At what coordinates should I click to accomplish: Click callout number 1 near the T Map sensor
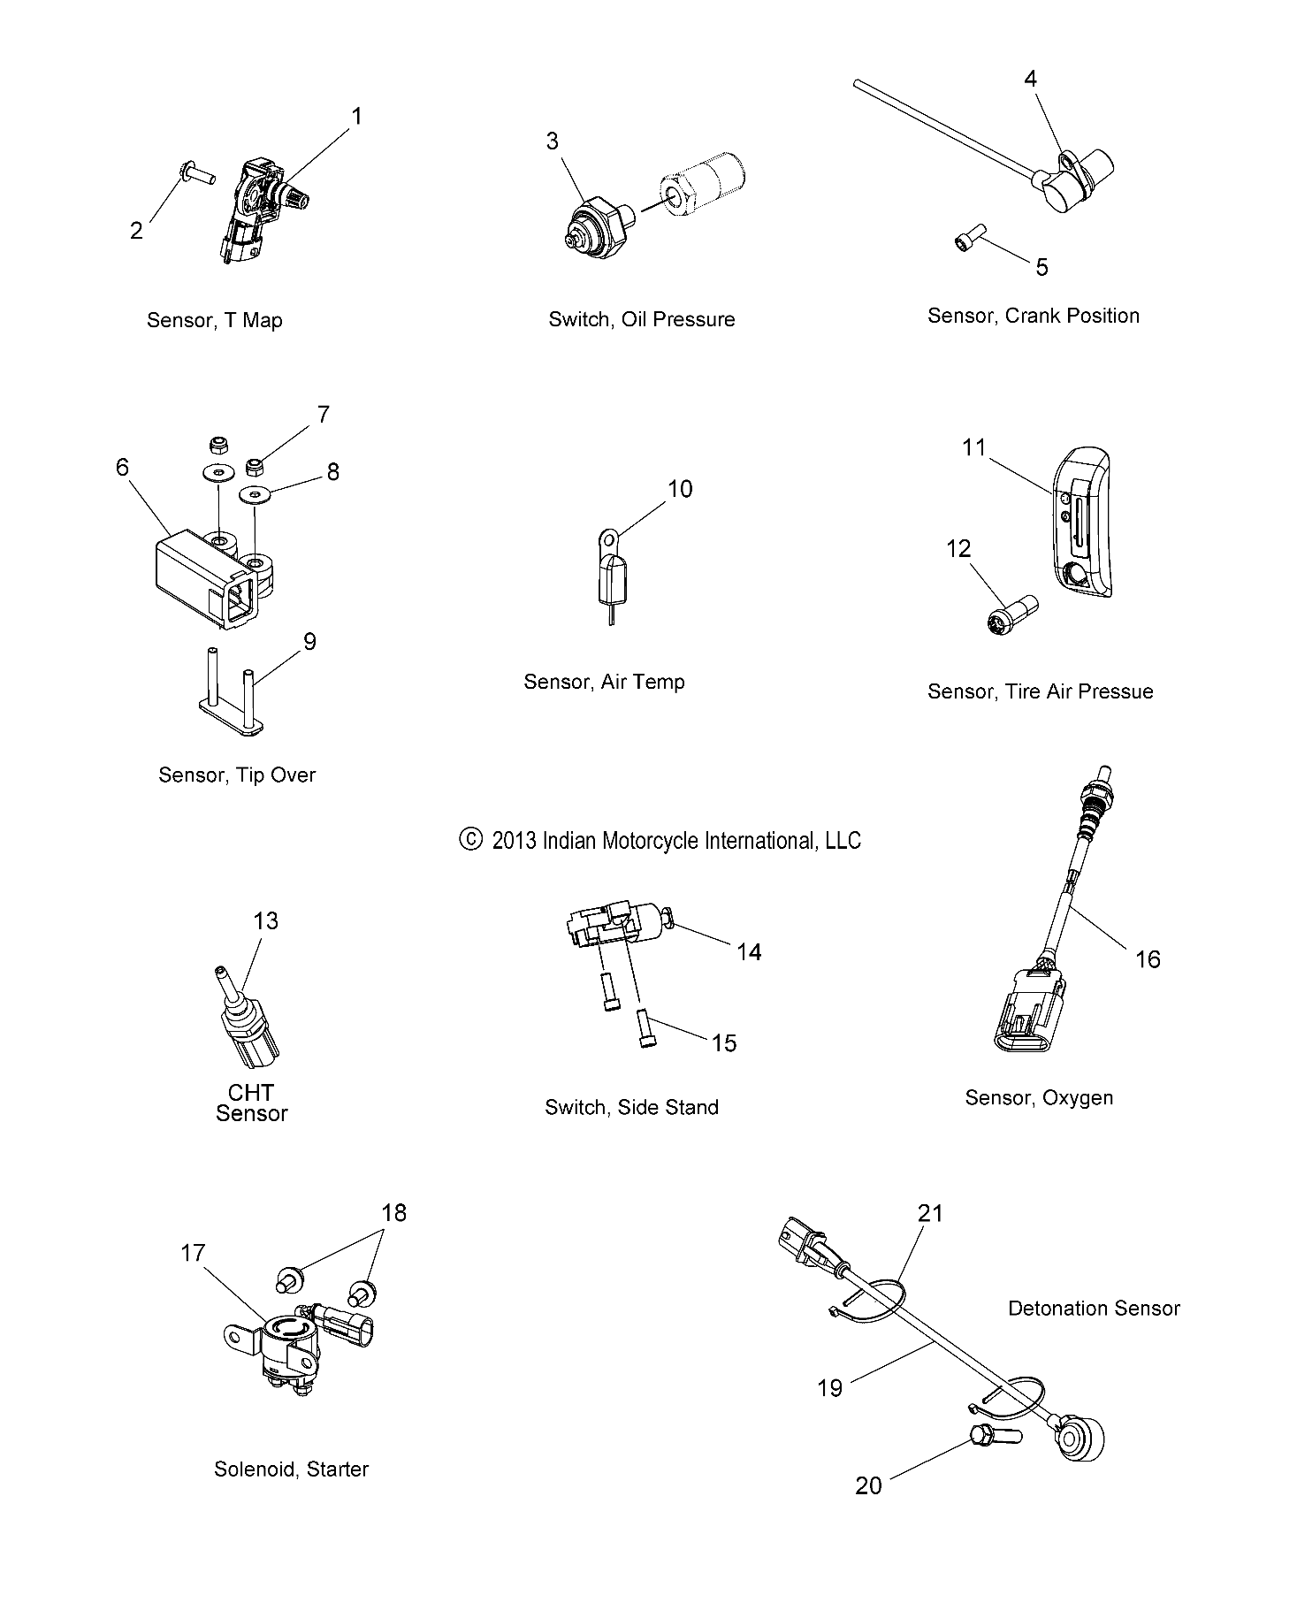pyautogui.click(x=356, y=116)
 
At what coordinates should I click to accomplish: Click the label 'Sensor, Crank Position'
pyautogui.click(x=1033, y=316)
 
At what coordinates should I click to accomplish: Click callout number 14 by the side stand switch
pyautogui.click(x=748, y=952)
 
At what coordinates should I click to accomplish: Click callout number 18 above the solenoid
pyautogui.click(x=393, y=1212)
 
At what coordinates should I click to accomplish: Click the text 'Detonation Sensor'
pyautogui.click(x=1093, y=1308)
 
